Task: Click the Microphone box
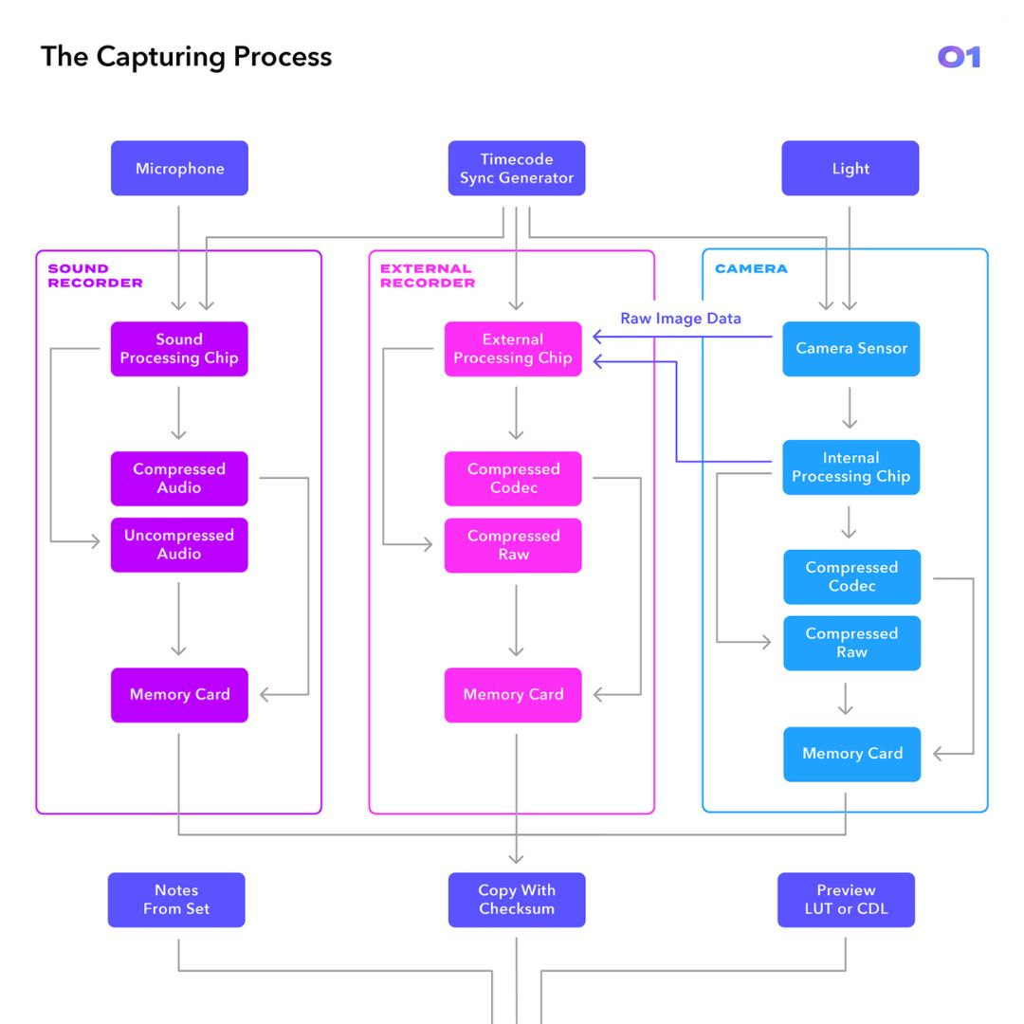click(x=179, y=169)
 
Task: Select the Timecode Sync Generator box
click(x=517, y=169)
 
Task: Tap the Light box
click(x=850, y=169)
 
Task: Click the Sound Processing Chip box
click(x=179, y=349)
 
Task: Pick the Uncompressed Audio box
click(x=179, y=545)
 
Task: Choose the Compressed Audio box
click(x=179, y=479)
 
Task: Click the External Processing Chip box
click(x=513, y=349)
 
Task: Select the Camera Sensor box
click(x=851, y=349)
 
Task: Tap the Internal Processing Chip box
click(x=851, y=467)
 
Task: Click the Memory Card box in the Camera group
click(x=851, y=754)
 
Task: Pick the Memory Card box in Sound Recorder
click(x=179, y=695)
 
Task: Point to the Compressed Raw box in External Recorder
click(x=513, y=545)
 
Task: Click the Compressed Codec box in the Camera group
click(x=851, y=576)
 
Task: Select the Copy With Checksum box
click(x=517, y=900)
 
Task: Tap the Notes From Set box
click(x=176, y=900)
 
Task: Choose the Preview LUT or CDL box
click(x=846, y=900)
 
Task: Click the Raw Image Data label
click(x=681, y=319)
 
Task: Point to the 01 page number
click(x=959, y=58)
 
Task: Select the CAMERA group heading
click(x=751, y=269)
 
